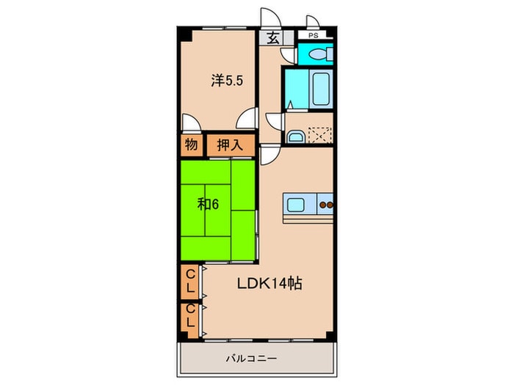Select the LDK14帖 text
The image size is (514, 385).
point(270,284)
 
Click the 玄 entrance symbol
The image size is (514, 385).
point(272,38)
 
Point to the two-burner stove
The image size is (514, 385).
point(326,205)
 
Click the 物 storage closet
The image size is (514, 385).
point(190,145)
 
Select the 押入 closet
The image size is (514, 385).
point(229,145)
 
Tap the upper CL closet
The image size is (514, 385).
point(190,281)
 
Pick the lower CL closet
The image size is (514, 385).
point(190,317)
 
